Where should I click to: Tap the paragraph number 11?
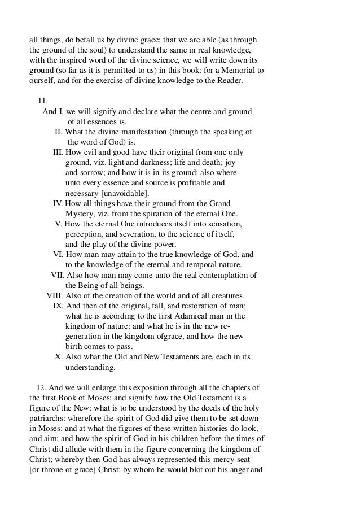[42, 101]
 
